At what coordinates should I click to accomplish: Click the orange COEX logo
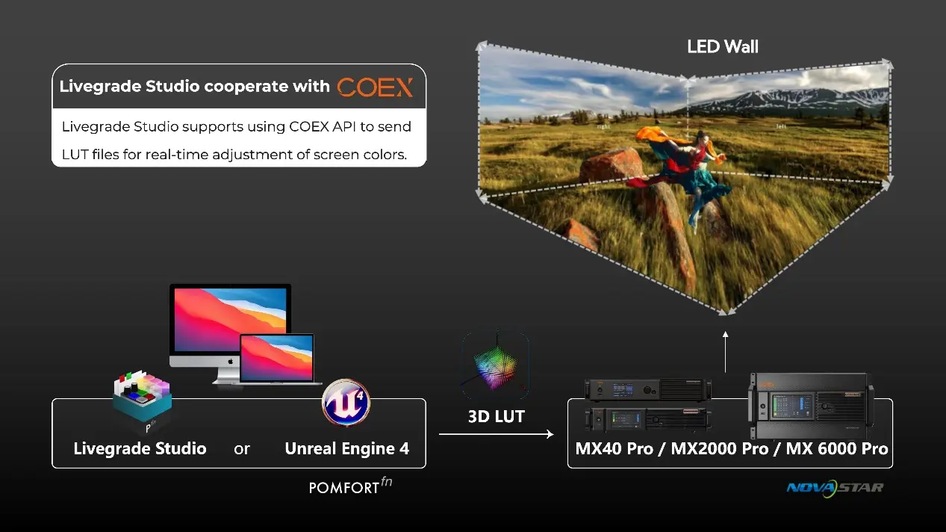pos(375,87)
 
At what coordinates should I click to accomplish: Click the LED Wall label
pos(722,47)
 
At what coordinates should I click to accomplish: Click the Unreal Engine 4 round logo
pos(346,401)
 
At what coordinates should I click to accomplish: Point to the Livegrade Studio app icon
pos(142,400)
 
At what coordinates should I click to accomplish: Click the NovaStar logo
pos(834,488)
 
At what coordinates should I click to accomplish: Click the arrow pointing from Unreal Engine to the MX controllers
pos(496,434)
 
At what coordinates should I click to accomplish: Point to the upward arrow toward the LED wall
pos(726,351)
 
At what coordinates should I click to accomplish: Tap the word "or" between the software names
pos(241,449)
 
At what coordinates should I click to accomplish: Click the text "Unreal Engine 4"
pos(347,449)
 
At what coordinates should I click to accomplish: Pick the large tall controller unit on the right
pos(808,408)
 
